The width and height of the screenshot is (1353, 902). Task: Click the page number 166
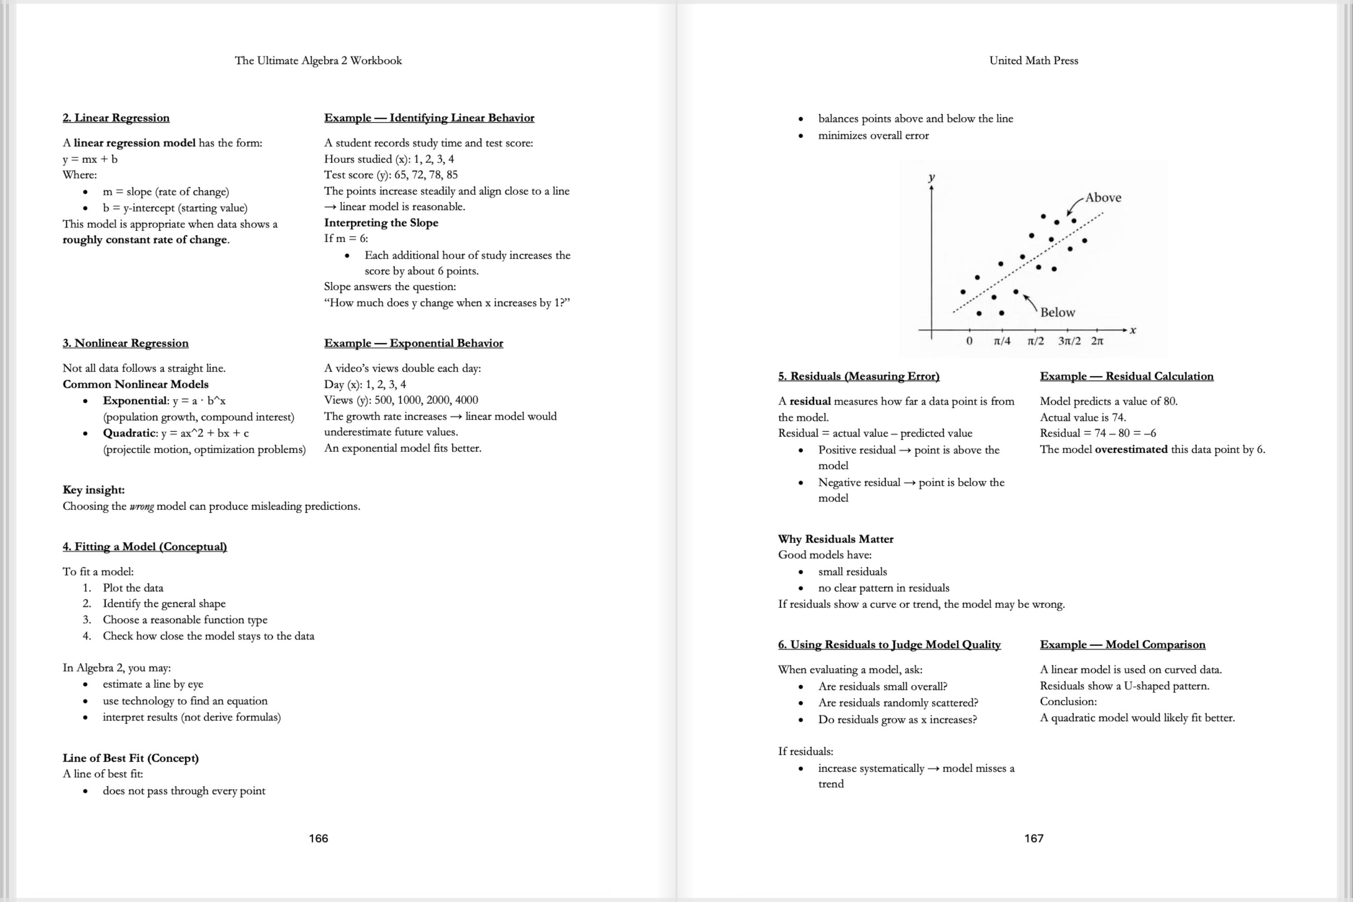tap(318, 838)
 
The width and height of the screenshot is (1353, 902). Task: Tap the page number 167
tap(1033, 838)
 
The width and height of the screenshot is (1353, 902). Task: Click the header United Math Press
tap(1033, 60)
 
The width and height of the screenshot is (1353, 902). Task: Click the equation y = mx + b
tap(90, 159)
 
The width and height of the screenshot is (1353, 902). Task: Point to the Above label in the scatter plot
tap(1103, 198)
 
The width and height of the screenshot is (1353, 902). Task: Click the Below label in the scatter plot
tap(1057, 313)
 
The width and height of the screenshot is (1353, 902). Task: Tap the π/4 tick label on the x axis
tap(1002, 341)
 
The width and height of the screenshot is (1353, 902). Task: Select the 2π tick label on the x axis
tap(1097, 341)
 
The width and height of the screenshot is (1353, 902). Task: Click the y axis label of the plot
tap(931, 177)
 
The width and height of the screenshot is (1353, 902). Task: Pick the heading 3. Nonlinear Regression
tap(125, 343)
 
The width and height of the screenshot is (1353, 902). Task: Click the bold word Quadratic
tap(129, 433)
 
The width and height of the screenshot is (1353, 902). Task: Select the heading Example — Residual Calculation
tap(1126, 376)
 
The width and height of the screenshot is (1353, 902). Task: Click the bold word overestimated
tap(1131, 449)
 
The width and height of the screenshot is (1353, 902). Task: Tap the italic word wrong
tap(141, 506)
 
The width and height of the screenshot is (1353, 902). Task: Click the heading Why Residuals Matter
tap(835, 539)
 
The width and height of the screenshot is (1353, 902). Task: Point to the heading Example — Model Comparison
tap(1123, 644)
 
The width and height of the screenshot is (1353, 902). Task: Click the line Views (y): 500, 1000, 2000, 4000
tap(401, 400)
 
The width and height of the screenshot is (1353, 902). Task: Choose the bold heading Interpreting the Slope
tap(381, 223)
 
